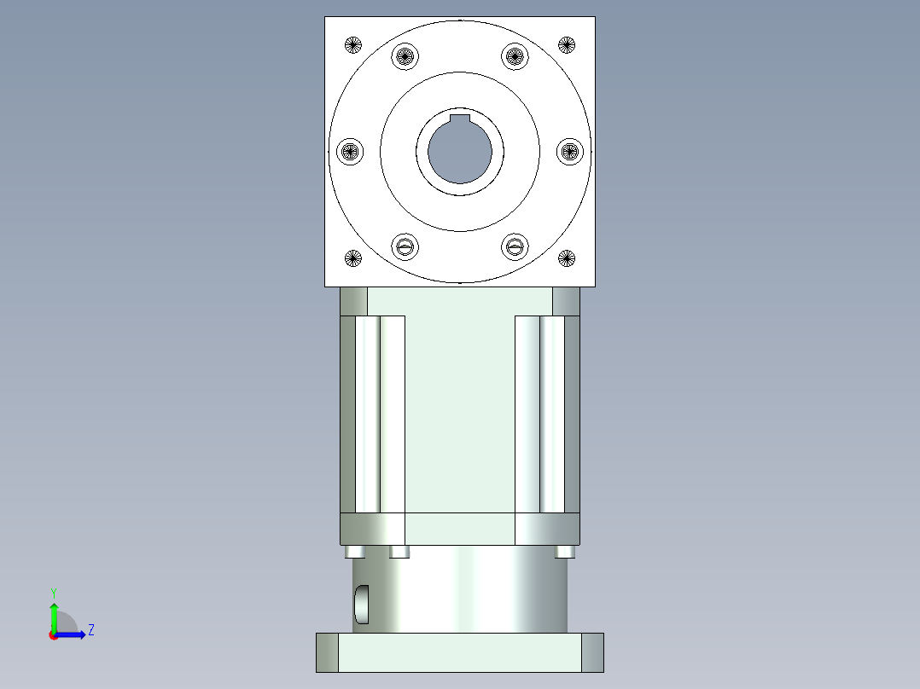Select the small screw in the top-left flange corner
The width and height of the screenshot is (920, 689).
click(353, 44)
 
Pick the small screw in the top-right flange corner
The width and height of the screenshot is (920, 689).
click(567, 44)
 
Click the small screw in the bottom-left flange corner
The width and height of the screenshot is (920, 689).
click(353, 257)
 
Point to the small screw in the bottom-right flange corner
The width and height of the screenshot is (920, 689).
click(567, 257)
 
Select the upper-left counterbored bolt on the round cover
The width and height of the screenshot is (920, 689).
click(406, 57)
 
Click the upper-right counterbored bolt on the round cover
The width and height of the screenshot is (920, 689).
click(514, 57)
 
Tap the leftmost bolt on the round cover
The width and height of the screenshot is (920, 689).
click(350, 152)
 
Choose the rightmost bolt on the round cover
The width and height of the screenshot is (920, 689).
click(569, 152)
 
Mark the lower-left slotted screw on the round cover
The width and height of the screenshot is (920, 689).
click(406, 247)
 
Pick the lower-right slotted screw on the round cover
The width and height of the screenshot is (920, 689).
click(514, 247)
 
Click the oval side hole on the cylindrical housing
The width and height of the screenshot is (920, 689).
click(362, 603)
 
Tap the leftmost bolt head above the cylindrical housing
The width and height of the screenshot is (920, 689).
click(356, 552)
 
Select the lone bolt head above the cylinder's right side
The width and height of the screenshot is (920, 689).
click(564, 552)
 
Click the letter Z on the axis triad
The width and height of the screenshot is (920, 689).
click(90, 630)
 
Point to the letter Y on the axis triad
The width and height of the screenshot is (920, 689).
click(53, 592)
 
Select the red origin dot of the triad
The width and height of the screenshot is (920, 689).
click(53, 635)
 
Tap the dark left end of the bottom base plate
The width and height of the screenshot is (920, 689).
click(327, 652)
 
